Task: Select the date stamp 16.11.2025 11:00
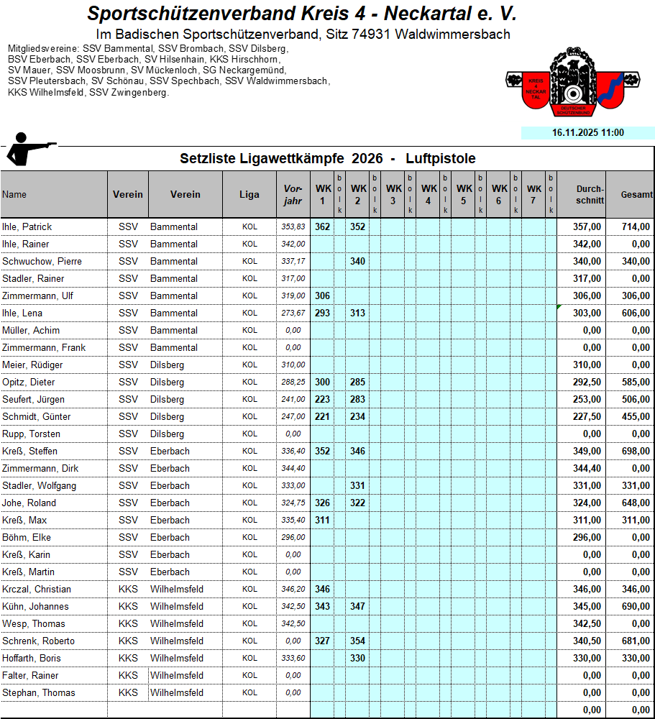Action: tap(587, 133)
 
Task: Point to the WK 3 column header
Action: tap(393, 195)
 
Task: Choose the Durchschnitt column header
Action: tap(590, 195)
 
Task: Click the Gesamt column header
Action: tap(636, 195)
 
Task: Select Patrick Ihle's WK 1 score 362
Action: tap(322, 226)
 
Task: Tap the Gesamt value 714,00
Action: tap(636, 226)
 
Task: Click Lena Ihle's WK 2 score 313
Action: tap(357, 313)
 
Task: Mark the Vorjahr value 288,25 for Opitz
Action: tap(293, 383)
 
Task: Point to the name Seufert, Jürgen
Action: tap(33, 399)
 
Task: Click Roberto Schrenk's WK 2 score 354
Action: tap(357, 641)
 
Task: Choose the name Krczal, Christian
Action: tap(37, 589)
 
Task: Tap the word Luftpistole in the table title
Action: tap(440, 159)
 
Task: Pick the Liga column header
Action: tap(249, 195)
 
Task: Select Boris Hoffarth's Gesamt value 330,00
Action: tap(636, 658)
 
